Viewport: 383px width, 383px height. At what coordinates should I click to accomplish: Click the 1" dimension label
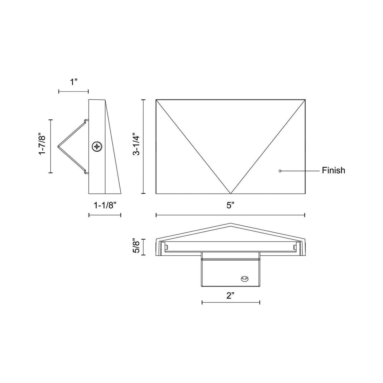click(73, 82)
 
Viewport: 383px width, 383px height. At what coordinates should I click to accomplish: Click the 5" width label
click(230, 205)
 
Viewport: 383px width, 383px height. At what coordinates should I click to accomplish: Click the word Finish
click(333, 170)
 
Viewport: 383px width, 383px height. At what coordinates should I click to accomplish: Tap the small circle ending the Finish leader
click(280, 171)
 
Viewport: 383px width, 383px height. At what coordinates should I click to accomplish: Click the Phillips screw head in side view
click(97, 147)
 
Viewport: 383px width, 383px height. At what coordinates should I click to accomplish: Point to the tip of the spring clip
click(58, 146)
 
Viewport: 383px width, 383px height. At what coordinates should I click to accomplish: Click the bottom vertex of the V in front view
click(230, 193)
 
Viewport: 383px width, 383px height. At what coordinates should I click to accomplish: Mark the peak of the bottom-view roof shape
click(230, 224)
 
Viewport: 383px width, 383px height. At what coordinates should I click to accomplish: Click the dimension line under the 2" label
click(231, 302)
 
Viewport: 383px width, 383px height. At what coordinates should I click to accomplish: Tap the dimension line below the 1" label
click(73, 91)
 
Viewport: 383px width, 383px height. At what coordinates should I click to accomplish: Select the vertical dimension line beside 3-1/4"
click(144, 147)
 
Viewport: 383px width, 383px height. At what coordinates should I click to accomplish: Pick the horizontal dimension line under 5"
click(230, 215)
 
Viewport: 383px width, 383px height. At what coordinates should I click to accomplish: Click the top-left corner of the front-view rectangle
click(156, 100)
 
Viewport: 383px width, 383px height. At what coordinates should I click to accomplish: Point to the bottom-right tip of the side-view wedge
click(121, 193)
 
